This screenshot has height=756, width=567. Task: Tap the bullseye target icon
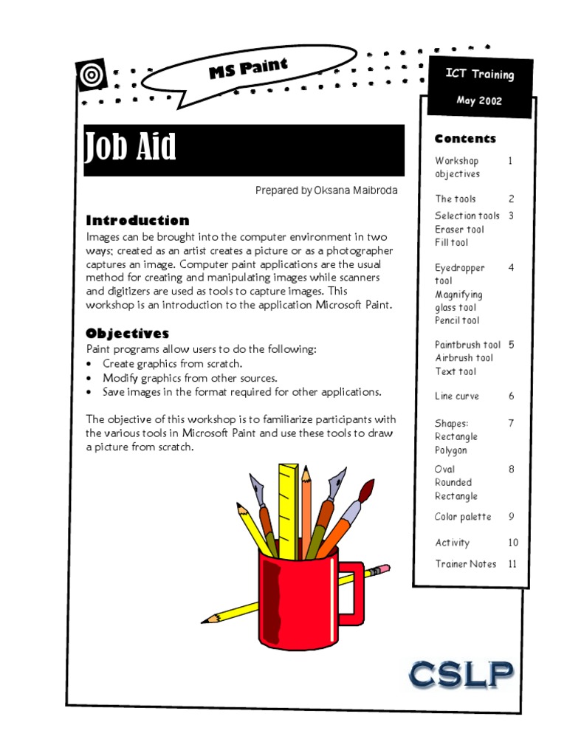[91, 73]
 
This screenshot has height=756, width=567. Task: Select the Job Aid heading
[131, 148]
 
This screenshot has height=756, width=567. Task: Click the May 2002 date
[478, 101]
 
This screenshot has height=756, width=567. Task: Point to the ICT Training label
[479, 74]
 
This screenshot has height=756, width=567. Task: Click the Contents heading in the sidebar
[465, 139]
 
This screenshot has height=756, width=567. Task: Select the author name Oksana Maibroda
[356, 190]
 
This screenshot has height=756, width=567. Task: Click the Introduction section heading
[137, 220]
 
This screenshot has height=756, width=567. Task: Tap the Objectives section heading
[127, 334]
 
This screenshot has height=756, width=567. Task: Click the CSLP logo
[461, 674]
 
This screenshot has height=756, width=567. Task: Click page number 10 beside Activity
[513, 543]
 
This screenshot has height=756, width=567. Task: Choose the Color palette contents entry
[463, 517]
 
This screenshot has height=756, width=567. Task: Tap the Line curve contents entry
[456, 396]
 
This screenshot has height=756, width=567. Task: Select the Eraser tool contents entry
[459, 230]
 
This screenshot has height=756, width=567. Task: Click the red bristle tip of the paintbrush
[367, 488]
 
